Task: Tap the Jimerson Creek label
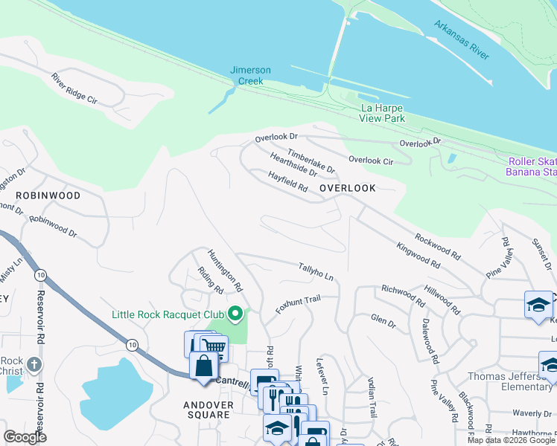pos(250,75)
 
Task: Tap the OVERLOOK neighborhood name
pos(348,189)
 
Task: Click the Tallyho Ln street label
pos(316,271)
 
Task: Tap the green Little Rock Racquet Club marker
pos(237,314)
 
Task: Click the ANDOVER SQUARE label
pos(209,411)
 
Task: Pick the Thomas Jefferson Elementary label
pos(510,381)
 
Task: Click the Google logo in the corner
pos(25,437)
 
